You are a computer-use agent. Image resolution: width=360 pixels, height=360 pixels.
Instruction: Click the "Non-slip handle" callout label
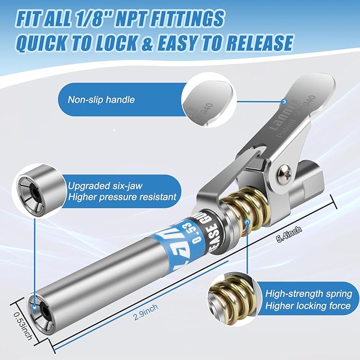click(x=101, y=99)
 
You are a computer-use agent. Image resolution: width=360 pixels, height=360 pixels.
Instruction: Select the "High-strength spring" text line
click(x=308, y=294)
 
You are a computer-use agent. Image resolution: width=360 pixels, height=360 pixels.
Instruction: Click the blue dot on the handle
click(x=285, y=100)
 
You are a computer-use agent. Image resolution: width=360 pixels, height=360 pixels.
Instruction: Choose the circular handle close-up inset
click(x=207, y=99)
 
